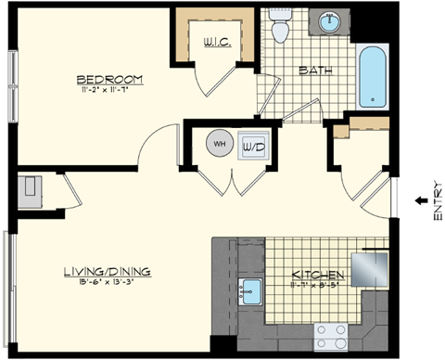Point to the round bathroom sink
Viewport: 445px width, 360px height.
[331, 20]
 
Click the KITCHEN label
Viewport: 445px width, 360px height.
[319, 276]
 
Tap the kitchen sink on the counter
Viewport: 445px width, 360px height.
[248, 293]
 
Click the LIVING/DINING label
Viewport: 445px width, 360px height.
[107, 271]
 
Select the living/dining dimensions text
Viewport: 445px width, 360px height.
[107, 282]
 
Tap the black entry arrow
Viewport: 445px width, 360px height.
[420, 200]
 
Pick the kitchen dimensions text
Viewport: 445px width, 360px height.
[319, 286]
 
